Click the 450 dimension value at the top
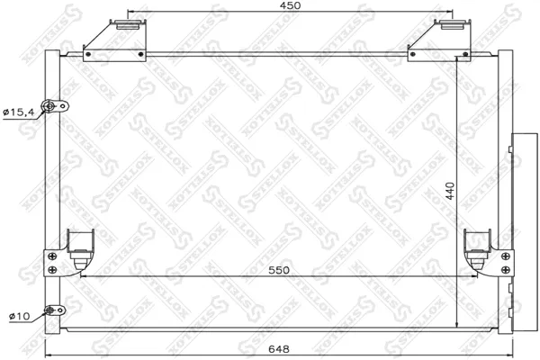tap(290, 5)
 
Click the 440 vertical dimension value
tap(450, 191)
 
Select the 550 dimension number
tap(279, 270)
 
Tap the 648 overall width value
tap(279, 349)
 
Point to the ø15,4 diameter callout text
tap(19, 112)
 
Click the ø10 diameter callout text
tap(19, 316)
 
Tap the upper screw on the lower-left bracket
tap(52, 256)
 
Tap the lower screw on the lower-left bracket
tap(52, 269)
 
